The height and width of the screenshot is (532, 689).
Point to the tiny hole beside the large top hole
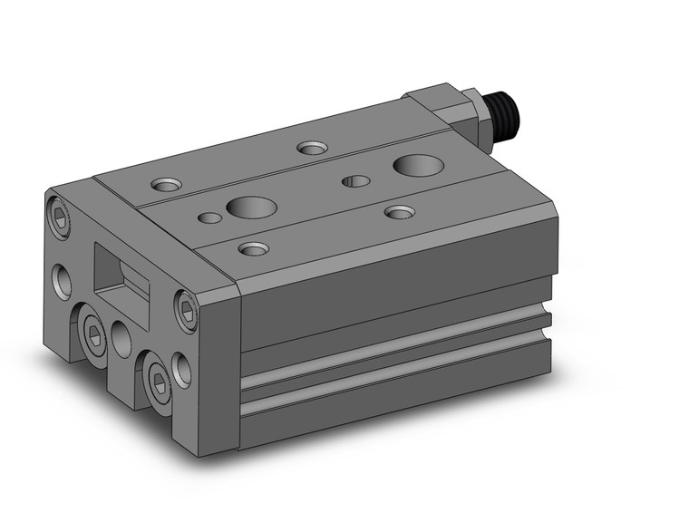tap(210, 217)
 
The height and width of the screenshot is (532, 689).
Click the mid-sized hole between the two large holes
tap(354, 181)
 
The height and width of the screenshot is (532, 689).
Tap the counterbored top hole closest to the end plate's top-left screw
tap(166, 185)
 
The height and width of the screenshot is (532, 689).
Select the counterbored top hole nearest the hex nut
tap(314, 146)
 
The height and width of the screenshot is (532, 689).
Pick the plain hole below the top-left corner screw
tap(63, 280)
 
